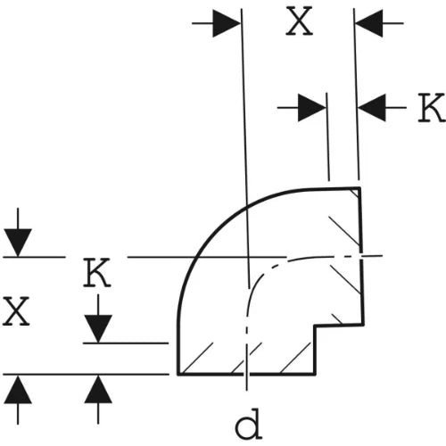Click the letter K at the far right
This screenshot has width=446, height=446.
click(432, 108)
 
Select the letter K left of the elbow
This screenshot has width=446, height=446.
click(97, 273)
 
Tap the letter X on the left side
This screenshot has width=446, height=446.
click(16, 311)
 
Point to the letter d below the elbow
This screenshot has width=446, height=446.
click(249, 424)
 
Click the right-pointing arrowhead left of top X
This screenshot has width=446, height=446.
click(227, 23)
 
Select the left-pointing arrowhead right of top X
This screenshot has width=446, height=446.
click(369, 23)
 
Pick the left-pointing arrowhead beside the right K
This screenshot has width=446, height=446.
click(372, 108)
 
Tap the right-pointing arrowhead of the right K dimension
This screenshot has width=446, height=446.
click(312, 108)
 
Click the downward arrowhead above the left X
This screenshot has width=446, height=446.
click(18, 243)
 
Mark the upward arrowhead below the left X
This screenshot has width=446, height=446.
click(18, 390)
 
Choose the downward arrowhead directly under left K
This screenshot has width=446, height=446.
click(98, 329)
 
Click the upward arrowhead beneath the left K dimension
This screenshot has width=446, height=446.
click(98, 390)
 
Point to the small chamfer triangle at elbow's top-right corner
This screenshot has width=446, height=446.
click(356, 192)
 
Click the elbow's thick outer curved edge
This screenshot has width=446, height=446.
click(220, 222)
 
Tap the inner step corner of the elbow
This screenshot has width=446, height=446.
click(315, 326)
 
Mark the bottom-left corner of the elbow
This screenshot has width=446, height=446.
click(178, 375)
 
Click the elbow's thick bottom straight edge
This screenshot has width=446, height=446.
click(246, 375)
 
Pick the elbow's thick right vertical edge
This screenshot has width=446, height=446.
click(362, 256)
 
